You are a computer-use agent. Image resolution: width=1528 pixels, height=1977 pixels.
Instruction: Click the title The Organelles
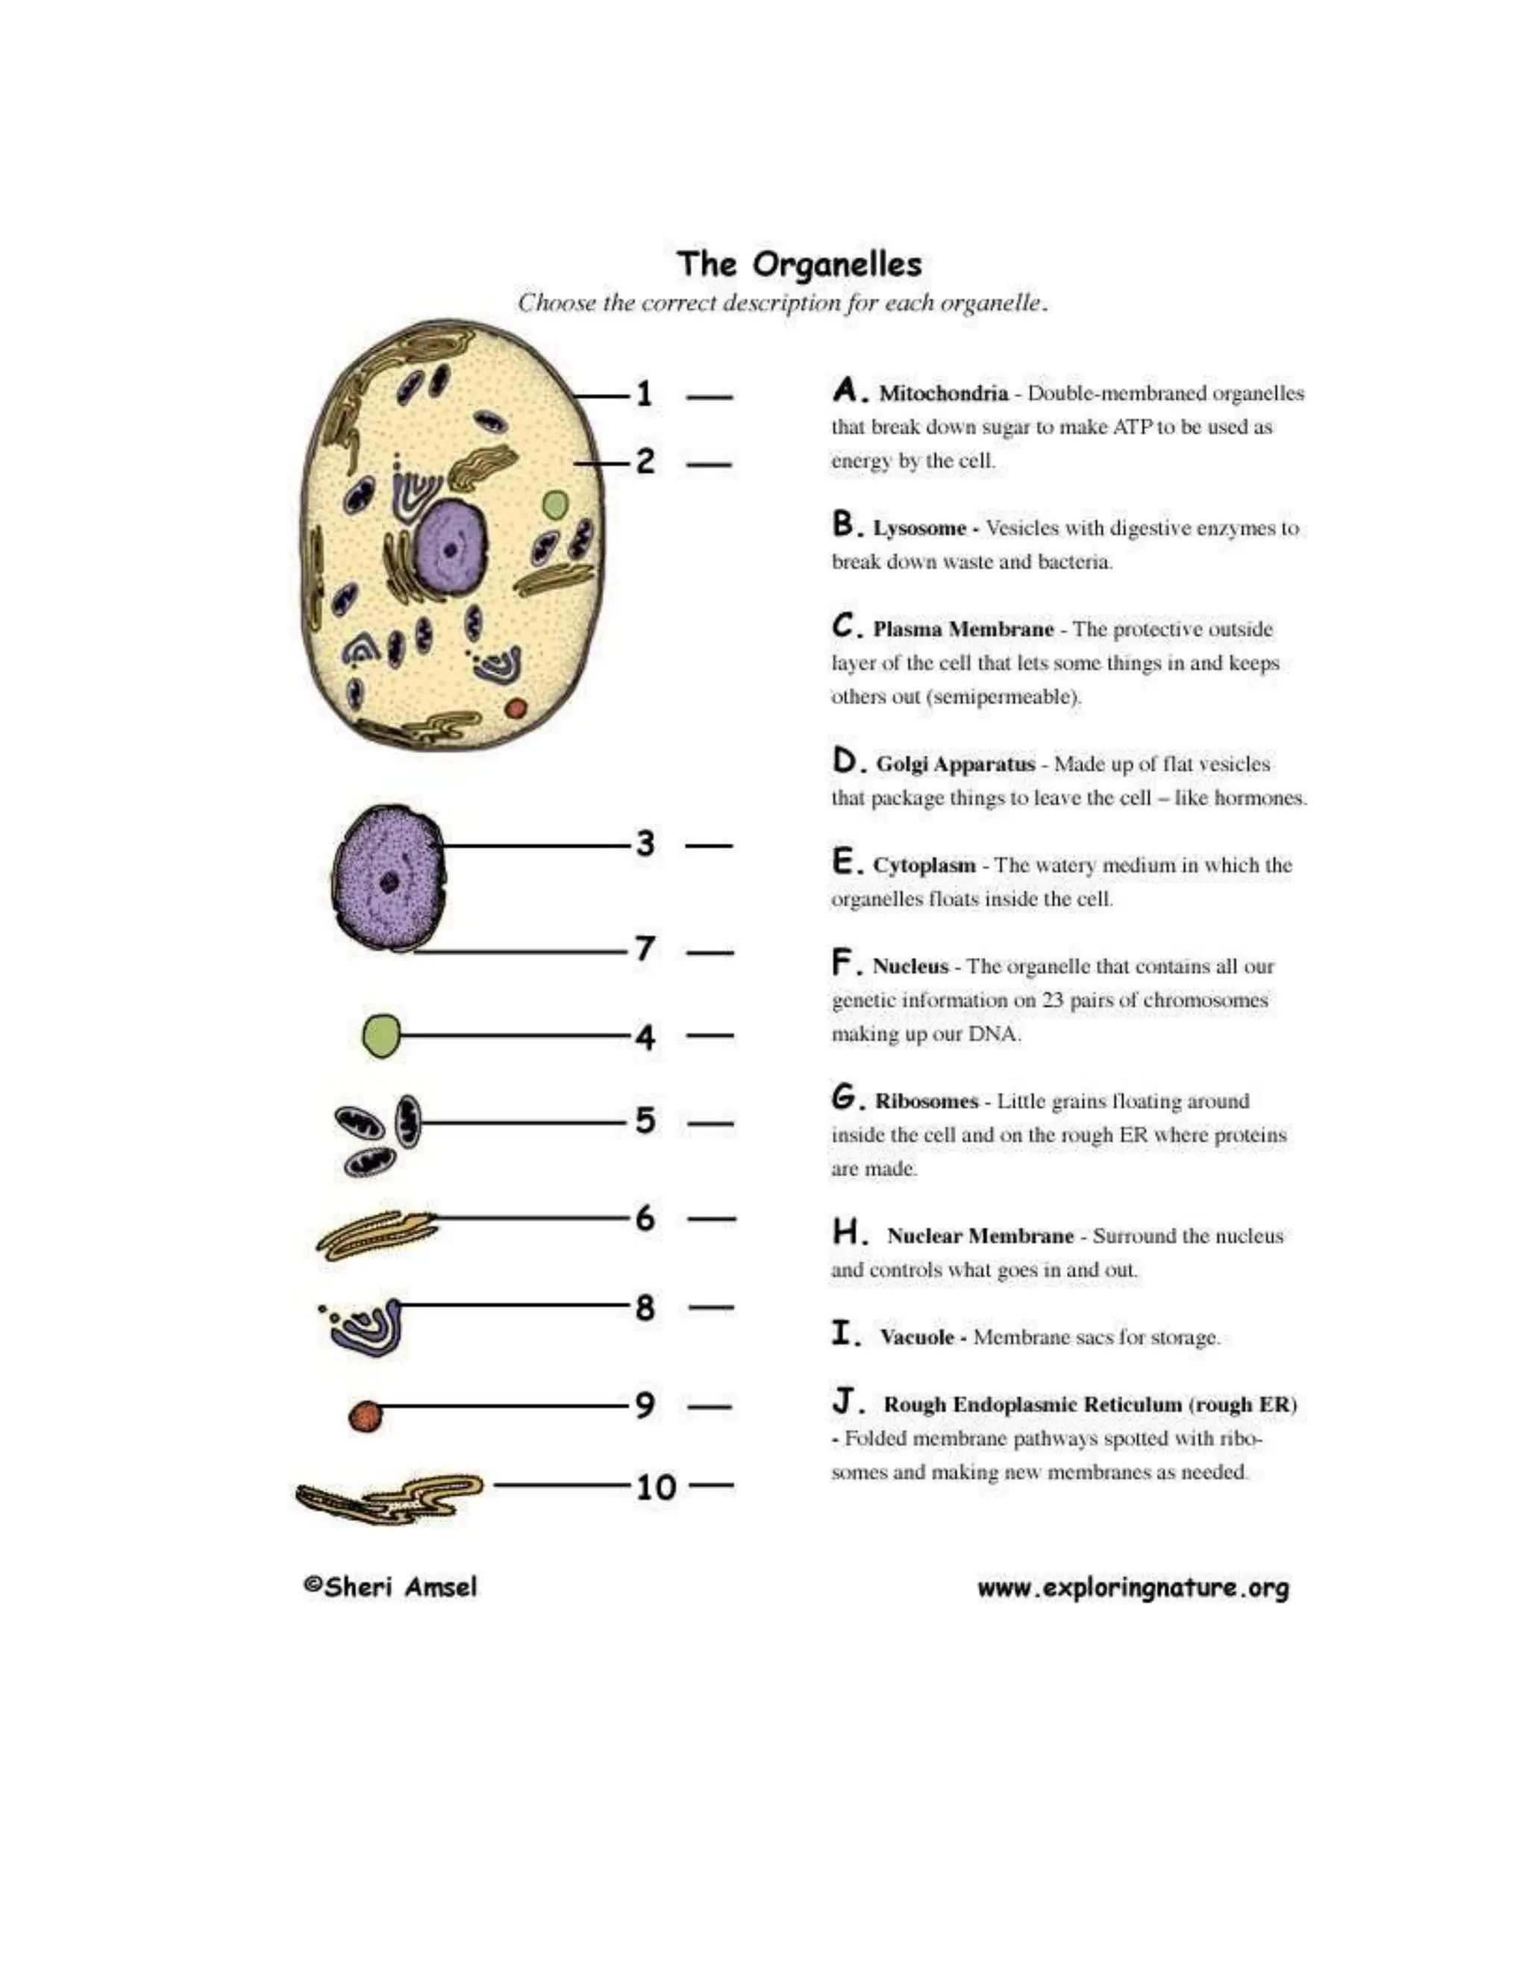[x=799, y=264]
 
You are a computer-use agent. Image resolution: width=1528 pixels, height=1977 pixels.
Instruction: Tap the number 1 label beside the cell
[x=644, y=394]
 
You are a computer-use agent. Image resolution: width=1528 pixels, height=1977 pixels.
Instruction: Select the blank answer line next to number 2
[x=709, y=466]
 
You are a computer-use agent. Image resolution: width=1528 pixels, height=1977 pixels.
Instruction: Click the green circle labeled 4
[x=381, y=1036]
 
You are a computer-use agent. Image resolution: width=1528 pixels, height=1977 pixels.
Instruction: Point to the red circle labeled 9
[x=366, y=1416]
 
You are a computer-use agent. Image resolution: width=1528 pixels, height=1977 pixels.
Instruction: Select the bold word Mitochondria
[x=943, y=394]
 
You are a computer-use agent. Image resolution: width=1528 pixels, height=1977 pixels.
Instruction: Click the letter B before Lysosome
[x=843, y=524]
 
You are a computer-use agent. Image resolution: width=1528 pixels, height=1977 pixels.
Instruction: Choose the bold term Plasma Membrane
[x=962, y=629]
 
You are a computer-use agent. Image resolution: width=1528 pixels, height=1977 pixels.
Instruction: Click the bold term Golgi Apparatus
[x=955, y=764]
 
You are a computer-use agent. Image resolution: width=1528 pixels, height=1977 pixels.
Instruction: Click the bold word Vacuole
[x=916, y=1337]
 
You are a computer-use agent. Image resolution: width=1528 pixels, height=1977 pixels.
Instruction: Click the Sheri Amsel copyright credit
[x=390, y=1587]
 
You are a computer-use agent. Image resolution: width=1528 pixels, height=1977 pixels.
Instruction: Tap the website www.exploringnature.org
[x=1133, y=1588]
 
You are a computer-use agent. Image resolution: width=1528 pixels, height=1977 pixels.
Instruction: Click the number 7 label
[x=645, y=949]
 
